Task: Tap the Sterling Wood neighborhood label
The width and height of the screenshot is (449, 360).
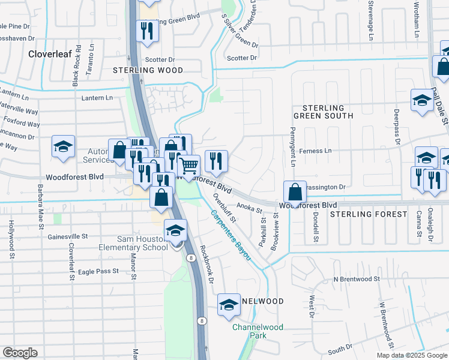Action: click(148, 70)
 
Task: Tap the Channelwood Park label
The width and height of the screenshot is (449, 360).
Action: click(258, 332)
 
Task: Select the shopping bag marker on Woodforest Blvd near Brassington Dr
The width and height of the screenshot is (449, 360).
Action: click(295, 192)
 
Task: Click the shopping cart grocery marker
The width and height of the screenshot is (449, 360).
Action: click(189, 165)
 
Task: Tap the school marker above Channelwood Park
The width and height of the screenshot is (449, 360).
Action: click(229, 305)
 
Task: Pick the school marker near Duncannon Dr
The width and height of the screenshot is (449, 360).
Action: click(63, 148)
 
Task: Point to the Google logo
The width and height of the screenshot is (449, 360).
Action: click(19, 353)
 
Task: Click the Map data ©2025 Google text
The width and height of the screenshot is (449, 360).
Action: click(412, 355)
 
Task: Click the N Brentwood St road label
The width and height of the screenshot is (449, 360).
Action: click(357, 279)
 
